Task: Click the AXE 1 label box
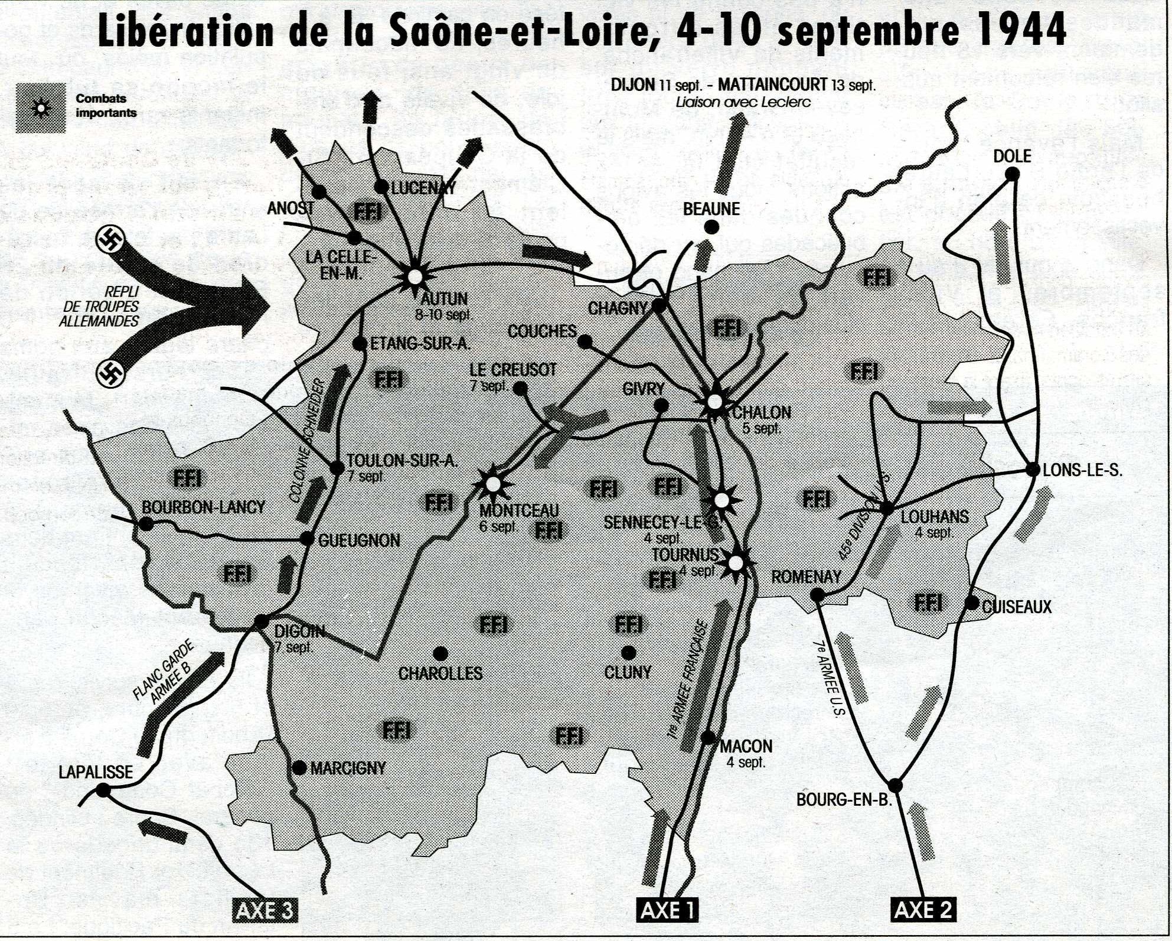[668, 910]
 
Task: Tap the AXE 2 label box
[922, 910]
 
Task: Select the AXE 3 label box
[264, 910]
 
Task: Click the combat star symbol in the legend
[41, 108]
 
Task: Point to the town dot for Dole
[1013, 174]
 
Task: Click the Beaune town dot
[712, 227]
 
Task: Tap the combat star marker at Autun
[415, 276]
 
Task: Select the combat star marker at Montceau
[493, 484]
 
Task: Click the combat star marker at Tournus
[736, 563]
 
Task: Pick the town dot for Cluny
[629, 653]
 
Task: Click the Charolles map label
[440, 673]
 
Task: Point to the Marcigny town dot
[300, 767]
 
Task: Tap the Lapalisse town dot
[103, 790]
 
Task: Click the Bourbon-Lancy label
[203, 507]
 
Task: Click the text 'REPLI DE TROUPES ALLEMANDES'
[99, 307]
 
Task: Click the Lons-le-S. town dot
[1033, 470]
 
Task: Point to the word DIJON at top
[632, 85]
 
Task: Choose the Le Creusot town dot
[520, 388]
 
